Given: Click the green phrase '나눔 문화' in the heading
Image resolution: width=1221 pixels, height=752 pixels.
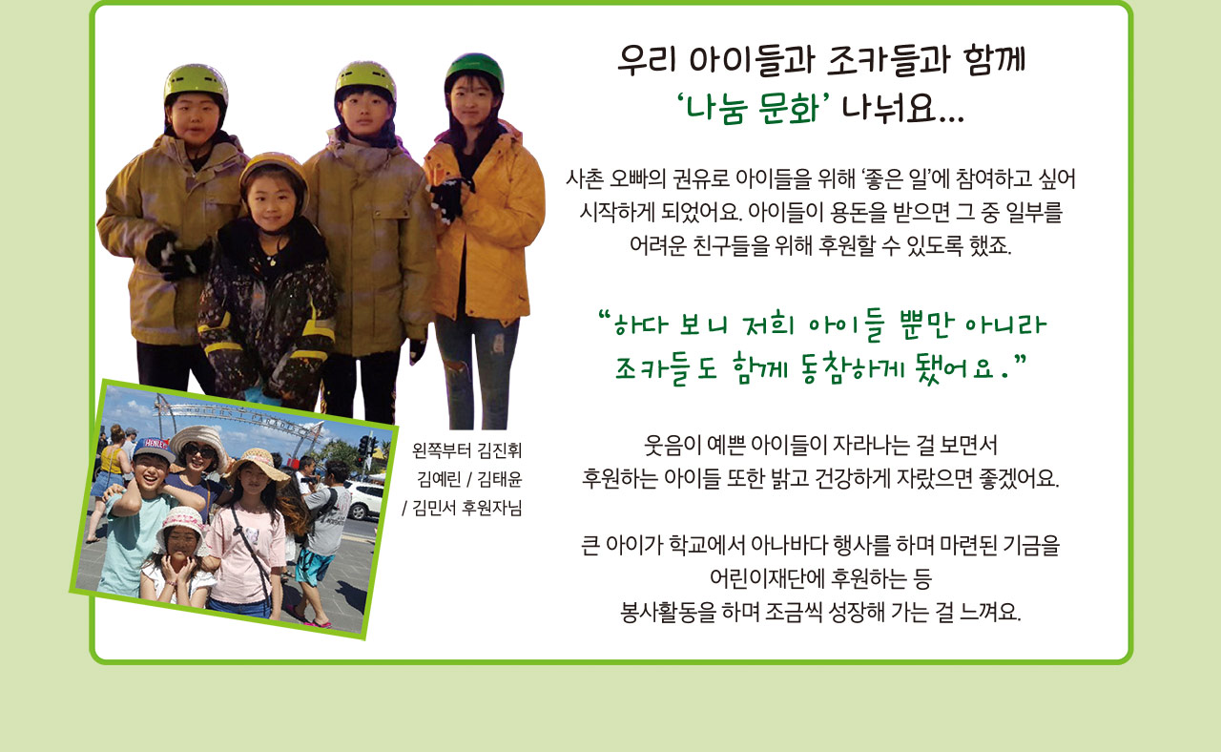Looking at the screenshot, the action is point(753,108).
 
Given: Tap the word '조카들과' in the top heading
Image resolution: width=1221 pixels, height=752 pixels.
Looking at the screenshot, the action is point(888,59).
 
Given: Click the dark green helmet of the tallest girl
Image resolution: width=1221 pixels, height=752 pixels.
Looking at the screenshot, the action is point(475,69).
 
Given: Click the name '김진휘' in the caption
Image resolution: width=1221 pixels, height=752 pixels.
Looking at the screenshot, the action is point(500,450).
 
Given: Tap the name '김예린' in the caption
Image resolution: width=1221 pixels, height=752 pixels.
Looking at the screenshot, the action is point(440,479).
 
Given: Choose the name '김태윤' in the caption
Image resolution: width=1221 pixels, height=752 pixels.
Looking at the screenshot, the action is point(500,479).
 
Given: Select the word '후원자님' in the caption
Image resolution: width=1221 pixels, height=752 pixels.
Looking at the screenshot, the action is point(492,508).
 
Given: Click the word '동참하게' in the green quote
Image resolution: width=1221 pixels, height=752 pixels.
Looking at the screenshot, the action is point(855,368).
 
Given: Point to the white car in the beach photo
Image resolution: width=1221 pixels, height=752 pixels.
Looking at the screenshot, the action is point(364,499).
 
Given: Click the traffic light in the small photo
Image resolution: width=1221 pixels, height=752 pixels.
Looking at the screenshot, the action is point(365,448).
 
